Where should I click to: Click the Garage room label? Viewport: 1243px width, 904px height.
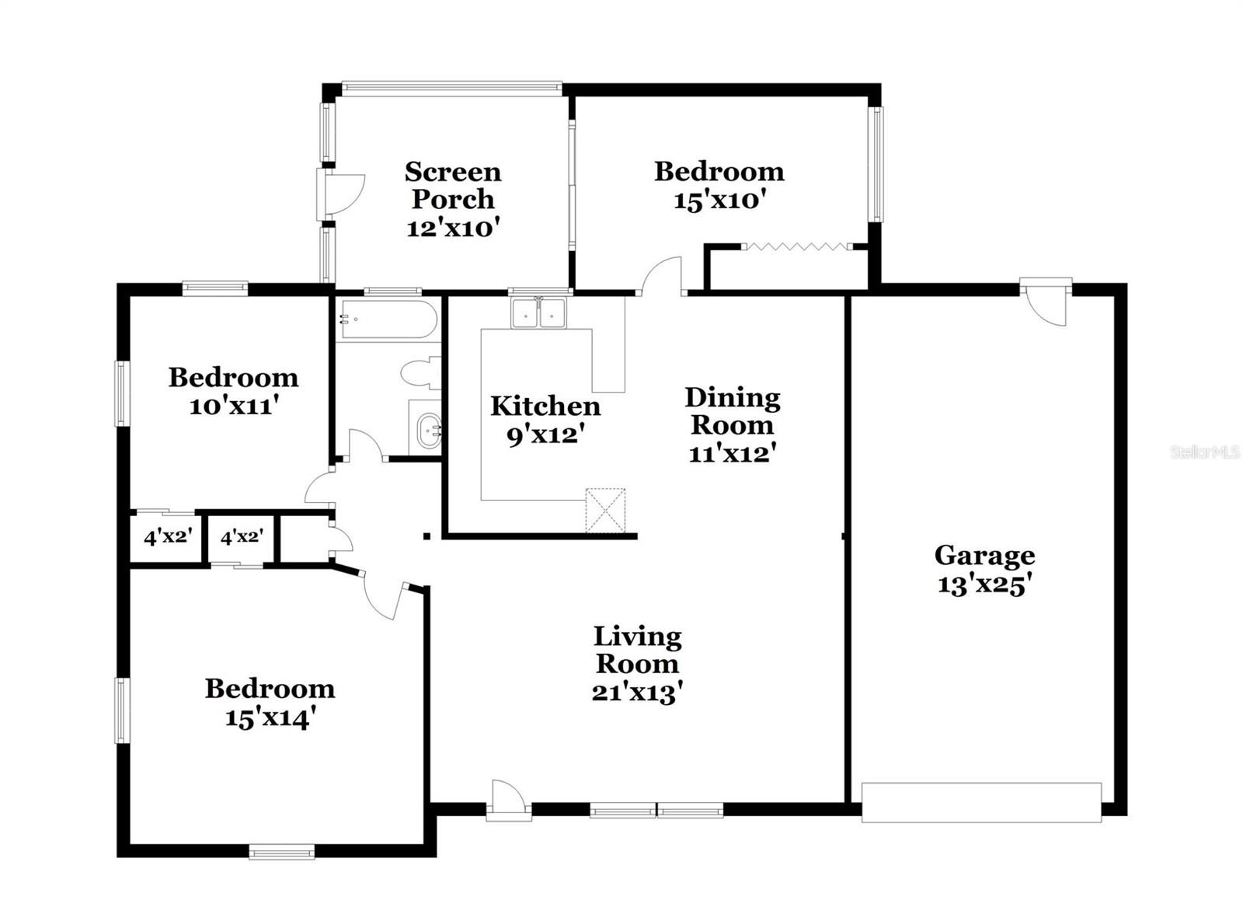click(x=984, y=555)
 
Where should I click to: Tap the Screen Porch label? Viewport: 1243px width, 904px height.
click(x=453, y=185)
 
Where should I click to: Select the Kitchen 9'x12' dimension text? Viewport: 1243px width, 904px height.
click(x=545, y=435)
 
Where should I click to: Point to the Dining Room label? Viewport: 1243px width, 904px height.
click(x=732, y=411)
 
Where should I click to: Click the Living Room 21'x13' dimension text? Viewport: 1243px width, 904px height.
click(x=637, y=691)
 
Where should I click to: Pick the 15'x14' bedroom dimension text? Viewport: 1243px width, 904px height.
click(x=270, y=717)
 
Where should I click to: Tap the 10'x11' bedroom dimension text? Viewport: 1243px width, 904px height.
click(x=233, y=406)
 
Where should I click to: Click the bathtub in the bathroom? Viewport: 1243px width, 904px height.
click(x=388, y=319)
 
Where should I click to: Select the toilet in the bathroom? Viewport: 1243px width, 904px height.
click(x=422, y=373)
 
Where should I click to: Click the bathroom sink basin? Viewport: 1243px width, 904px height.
click(x=428, y=430)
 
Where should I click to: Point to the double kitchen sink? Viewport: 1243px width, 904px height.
click(x=538, y=313)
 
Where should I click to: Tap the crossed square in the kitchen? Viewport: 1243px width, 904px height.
click(x=605, y=510)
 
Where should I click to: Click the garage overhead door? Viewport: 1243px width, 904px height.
click(x=981, y=802)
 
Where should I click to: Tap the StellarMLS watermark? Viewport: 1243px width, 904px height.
click(x=1205, y=452)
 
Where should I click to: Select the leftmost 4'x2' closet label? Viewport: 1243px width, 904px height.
click(x=168, y=536)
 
